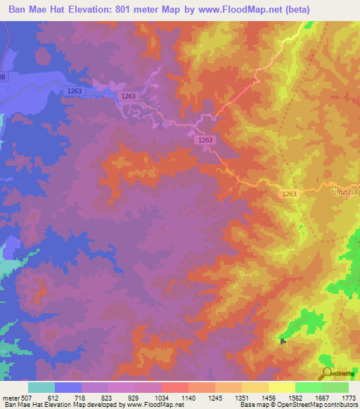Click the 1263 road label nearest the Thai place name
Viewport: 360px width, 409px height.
[x=290, y=194]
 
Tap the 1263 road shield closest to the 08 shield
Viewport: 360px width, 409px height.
[x=75, y=91]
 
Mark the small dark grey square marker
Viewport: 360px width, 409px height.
[x=283, y=342]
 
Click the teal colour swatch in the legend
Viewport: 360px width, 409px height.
[x=41, y=387]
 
